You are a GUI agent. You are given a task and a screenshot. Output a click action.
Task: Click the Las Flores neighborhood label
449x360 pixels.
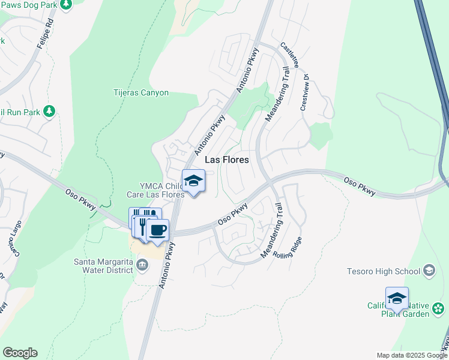227,160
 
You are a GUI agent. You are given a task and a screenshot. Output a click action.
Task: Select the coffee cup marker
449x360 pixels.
157,230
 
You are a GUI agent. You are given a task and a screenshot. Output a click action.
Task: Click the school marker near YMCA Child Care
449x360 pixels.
193,181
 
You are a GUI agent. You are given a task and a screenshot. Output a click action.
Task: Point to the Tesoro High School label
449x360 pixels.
384,271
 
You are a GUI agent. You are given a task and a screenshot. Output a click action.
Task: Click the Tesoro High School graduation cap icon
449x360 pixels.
429,271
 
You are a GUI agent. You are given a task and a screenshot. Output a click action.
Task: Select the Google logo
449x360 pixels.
20,353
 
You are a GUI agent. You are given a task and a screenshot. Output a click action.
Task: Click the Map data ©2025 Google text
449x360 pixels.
411,355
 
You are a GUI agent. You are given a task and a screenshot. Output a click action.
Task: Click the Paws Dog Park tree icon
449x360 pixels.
67,5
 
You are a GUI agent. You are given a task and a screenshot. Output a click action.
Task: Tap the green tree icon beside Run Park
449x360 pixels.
49,112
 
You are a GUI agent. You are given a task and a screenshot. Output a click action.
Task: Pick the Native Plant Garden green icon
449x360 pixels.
439,310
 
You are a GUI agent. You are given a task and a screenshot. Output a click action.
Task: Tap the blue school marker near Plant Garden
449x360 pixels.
397,298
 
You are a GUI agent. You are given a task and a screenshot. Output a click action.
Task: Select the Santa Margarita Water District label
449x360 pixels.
103,265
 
